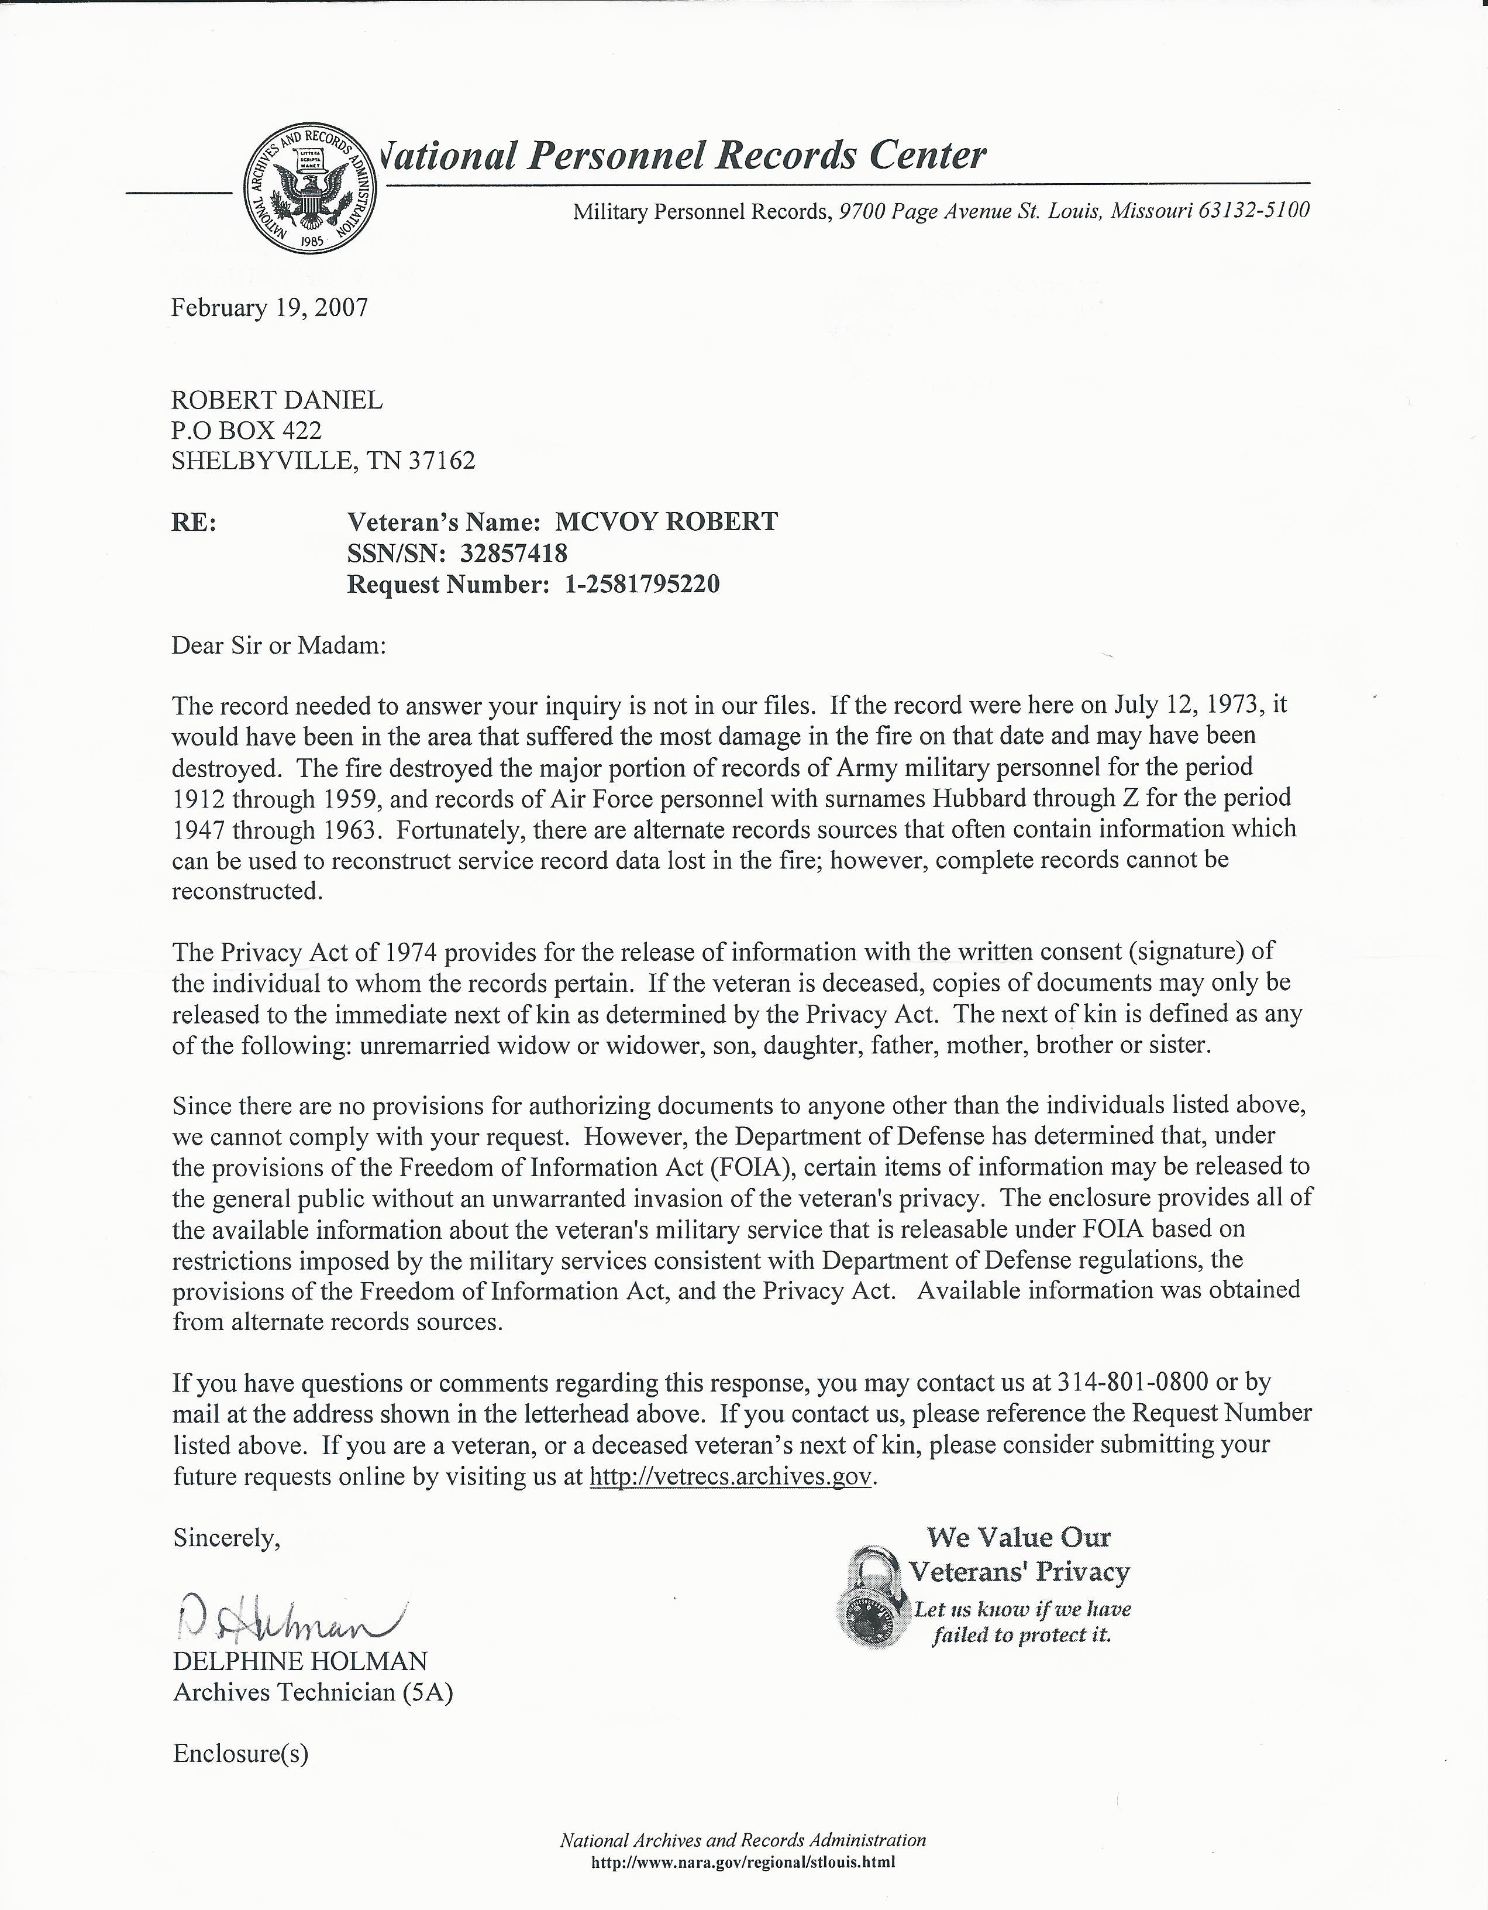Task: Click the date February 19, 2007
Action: click(269, 308)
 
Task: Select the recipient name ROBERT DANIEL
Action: click(276, 400)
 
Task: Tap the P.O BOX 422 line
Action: click(247, 430)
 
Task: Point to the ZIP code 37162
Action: click(442, 461)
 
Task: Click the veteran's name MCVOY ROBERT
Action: click(666, 522)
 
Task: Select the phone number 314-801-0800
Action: click(1133, 1383)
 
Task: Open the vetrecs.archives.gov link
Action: click(731, 1477)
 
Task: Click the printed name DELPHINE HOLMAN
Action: click(300, 1662)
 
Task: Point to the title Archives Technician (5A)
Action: click(313, 1692)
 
